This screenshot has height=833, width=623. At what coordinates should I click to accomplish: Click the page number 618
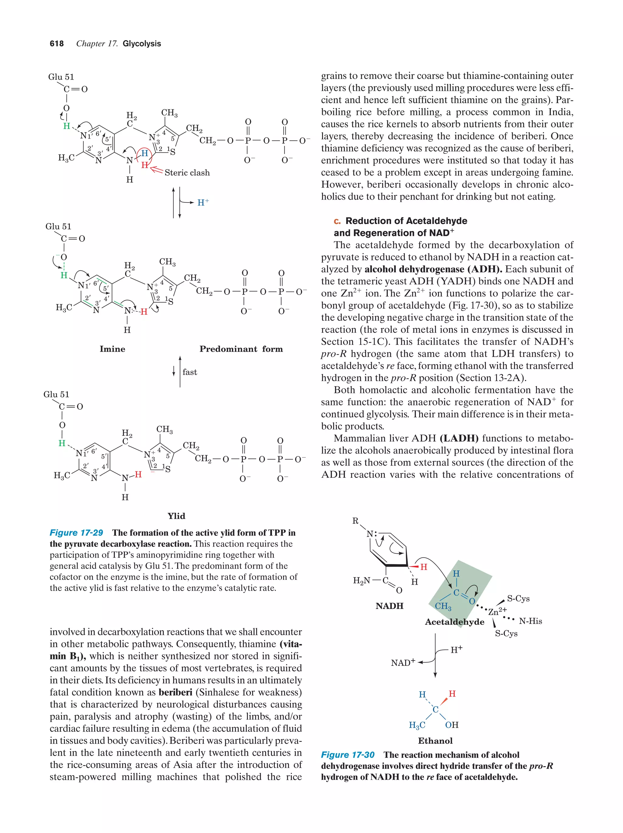[57, 44]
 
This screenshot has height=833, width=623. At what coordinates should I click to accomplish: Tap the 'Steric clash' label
[187, 173]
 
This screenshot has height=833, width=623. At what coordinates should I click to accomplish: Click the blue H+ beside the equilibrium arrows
[203, 203]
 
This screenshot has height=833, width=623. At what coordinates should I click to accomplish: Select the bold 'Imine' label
[112, 349]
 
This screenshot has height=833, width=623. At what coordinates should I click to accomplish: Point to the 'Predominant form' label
[241, 349]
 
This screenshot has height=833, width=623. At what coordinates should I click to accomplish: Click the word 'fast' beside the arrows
[190, 372]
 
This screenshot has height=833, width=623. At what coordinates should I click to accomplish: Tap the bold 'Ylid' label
[176, 516]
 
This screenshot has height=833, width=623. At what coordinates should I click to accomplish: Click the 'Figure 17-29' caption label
[76, 532]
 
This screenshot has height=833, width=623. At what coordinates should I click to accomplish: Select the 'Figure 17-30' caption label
[347, 755]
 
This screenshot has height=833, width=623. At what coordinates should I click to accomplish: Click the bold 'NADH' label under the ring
[389, 606]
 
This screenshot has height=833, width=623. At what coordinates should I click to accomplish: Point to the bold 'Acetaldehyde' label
[454, 622]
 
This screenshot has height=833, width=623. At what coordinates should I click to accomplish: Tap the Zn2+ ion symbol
[497, 611]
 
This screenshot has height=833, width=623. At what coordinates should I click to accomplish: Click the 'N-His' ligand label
[530, 621]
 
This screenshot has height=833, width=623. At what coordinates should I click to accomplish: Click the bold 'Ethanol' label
[435, 741]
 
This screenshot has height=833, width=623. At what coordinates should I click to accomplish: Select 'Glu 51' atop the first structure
[61, 77]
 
